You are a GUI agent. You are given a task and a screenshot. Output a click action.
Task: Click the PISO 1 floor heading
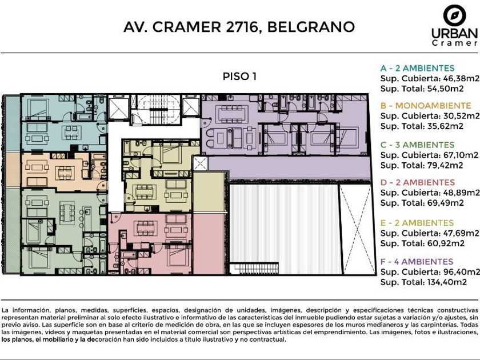pyautogui.click(x=239, y=76)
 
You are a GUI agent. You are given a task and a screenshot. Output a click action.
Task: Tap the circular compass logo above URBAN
pyautogui.click(x=455, y=15)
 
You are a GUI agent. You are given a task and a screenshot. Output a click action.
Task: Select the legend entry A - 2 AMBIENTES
pyautogui.click(x=417, y=68)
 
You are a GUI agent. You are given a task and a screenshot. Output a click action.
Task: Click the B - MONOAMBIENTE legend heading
pyautogui.click(x=426, y=106)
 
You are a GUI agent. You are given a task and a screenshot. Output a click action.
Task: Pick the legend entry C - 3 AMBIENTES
pyautogui.click(x=417, y=145)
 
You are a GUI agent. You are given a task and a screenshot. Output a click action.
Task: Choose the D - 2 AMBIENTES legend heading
pyautogui.click(x=417, y=182)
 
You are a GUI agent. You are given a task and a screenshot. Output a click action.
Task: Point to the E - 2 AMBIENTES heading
pyautogui.click(x=417, y=223)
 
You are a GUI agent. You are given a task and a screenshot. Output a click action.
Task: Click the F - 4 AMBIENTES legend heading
pyautogui.click(x=417, y=262)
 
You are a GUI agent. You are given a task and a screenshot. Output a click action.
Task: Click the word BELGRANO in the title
pyautogui.click(x=311, y=27)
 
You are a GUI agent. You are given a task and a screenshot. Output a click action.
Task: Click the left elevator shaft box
pyautogui.click(x=118, y=108)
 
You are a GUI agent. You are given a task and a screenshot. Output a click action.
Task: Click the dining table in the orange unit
pyautogui.click(x=65, y=173)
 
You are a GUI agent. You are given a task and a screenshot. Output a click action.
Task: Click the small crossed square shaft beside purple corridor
pyautogui.click(x=200, y=163)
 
